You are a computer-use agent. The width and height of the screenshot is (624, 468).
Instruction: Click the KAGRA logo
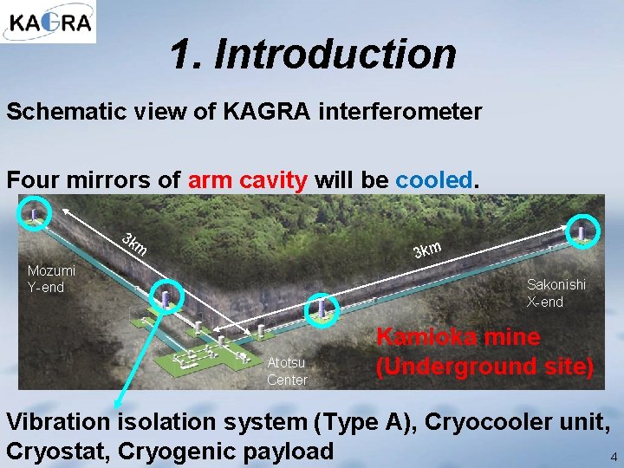pos(49,22)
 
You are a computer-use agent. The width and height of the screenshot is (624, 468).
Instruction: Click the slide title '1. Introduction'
pos(313,55)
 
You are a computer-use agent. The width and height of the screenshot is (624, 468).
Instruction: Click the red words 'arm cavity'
pos(247,180)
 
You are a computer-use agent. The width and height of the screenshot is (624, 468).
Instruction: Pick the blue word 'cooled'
pos(433,180)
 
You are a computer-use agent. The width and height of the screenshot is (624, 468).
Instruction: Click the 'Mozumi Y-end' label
pos(46,279)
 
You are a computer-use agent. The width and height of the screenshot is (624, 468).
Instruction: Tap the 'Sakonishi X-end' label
pos(556,293)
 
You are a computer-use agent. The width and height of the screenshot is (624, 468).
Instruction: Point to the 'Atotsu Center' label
pos(287,372)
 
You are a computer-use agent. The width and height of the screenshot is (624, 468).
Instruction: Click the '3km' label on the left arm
pos(134,244)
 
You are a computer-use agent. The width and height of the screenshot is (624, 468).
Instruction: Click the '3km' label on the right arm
pos(427,250)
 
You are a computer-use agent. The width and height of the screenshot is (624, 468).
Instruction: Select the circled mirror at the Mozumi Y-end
pos(35,214)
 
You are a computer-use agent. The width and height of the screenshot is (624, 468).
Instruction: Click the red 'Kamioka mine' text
pos(458,337)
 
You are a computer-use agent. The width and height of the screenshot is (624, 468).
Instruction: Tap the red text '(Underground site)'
pos(484,367)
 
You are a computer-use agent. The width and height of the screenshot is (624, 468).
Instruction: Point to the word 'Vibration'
pos(58,422)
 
